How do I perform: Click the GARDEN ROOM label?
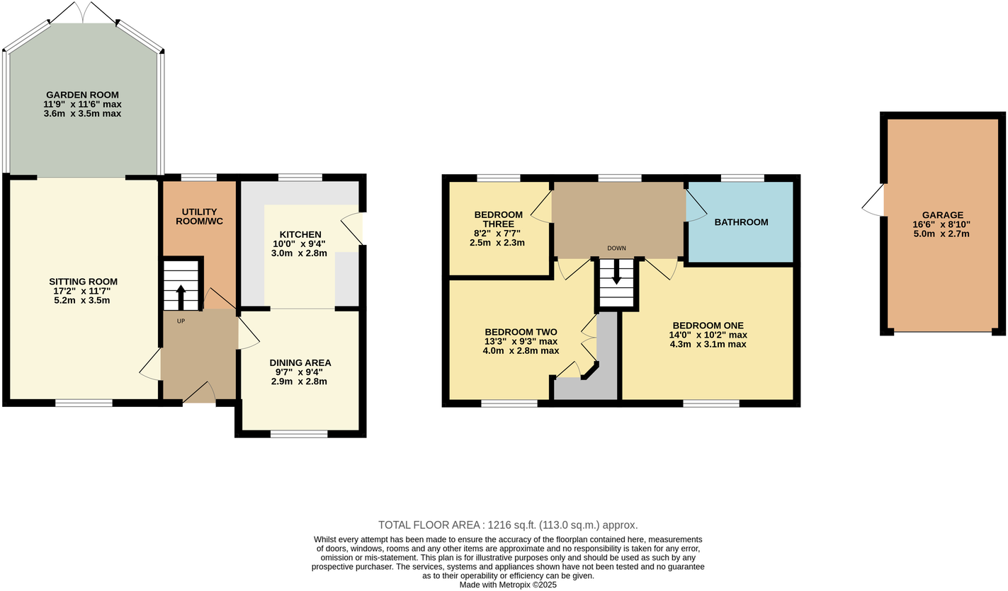coord(82,95)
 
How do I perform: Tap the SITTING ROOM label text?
coord(83,282)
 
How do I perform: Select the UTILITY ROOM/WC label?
coord(198,217)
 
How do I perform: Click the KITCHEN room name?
coord(300,234)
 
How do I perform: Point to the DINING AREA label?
coord(303,362)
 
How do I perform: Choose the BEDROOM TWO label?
coord(521,332)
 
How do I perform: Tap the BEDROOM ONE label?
coord(708,326)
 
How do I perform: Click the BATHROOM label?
coord(741,222)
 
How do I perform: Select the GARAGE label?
coord(942,215)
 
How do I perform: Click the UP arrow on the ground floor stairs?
coord(181,297)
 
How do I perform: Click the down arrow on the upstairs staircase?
coord(616,272)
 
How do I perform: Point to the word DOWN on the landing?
coord(616,248)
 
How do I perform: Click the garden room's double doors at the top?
coord(84,12)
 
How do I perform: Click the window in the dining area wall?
coord(299,433)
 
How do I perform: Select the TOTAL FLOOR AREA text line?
coord(508,525)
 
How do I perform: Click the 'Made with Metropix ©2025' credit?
coord(508,585)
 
